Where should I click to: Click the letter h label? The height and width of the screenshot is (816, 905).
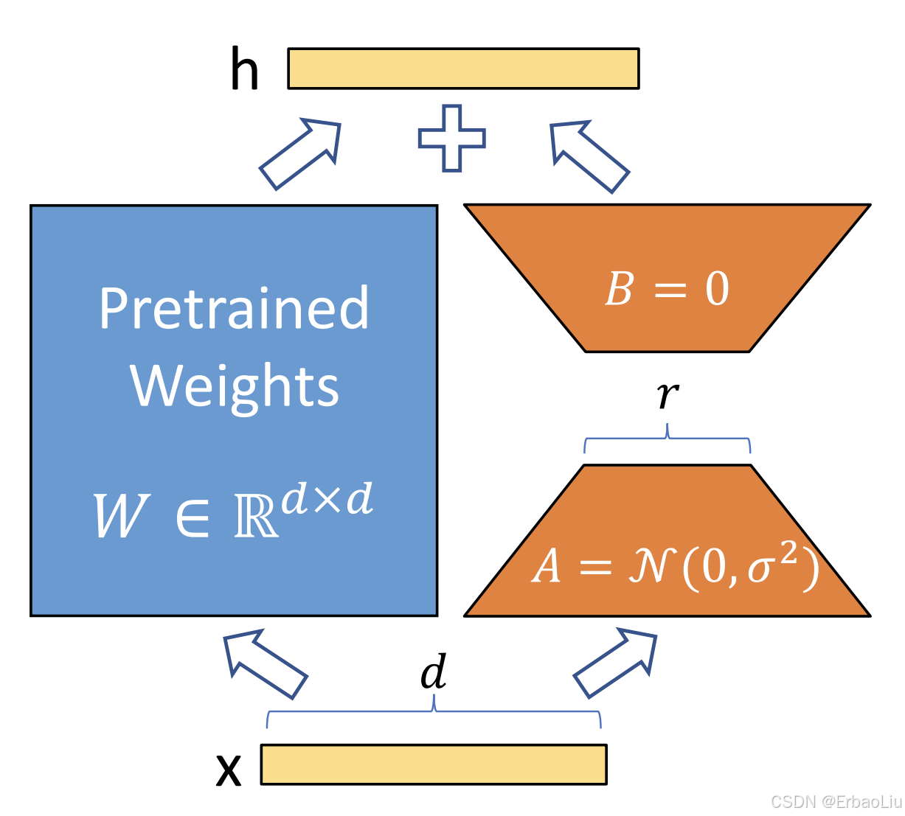(245, 69)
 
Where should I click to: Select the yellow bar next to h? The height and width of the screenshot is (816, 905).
(463, 69)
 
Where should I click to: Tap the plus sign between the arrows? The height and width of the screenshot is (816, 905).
(452, 139)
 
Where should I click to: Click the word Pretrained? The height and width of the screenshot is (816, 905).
(234, 309)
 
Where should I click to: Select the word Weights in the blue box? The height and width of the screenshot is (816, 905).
(235, 386)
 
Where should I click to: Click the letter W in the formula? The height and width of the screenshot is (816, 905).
(121, 516)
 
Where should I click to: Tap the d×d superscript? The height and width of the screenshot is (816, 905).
(327, 500)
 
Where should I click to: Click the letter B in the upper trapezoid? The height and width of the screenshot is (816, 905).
(619, 289)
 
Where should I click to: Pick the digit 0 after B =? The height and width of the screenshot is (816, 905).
(717, 289)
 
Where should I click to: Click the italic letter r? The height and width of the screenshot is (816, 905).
(668, 395)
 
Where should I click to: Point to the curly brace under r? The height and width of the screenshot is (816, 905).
(668, 439)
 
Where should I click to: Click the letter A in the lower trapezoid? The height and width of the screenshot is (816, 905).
(547, 567)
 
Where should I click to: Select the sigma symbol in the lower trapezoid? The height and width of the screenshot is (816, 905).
(760, 568)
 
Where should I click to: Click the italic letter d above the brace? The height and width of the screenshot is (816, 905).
(434, 672)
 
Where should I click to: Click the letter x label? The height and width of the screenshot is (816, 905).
(229, 770)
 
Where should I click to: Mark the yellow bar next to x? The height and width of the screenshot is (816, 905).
(434, 764)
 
